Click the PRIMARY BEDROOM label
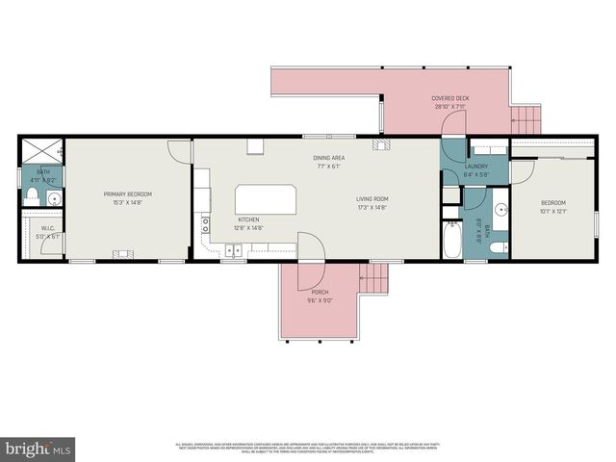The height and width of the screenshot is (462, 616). click(128, 194)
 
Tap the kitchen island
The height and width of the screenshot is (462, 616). click(266, 200)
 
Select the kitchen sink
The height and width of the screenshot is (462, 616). click(234, 249)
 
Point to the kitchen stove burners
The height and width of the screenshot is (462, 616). click(205, 225)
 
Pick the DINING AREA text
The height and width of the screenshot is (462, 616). click(328, 158)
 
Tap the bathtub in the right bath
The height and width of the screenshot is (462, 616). click(451, 242)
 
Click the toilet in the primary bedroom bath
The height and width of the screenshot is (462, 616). click(32, 197)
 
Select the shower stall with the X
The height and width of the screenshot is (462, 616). click(42, 151)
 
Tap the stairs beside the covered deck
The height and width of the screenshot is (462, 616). click(526, 120)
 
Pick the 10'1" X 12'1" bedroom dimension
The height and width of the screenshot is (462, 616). click(552, 211)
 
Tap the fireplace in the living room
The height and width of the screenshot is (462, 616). click(383, 146)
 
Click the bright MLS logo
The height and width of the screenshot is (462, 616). click(38, 449)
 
